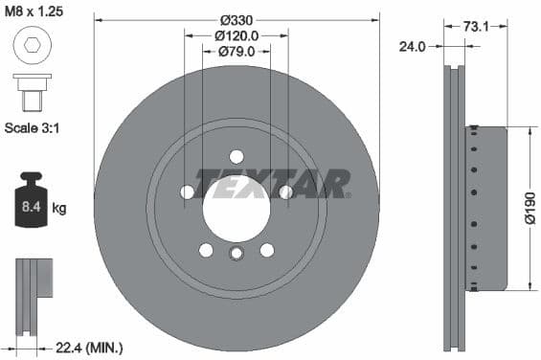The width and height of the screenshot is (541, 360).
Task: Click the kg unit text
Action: click(60, 208)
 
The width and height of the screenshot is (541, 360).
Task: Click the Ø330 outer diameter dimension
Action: click(236, 19)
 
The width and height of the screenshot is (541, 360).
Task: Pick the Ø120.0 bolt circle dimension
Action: click(236, 36)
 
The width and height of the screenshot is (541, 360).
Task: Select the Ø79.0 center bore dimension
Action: click(236, 53)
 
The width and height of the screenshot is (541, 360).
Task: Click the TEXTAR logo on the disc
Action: click(273, 181)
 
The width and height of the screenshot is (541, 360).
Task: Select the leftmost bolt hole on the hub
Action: click(187, 192)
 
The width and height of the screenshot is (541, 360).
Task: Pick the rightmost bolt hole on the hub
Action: click(285, 192)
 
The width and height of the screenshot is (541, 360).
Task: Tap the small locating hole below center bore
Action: click(236, 254)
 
